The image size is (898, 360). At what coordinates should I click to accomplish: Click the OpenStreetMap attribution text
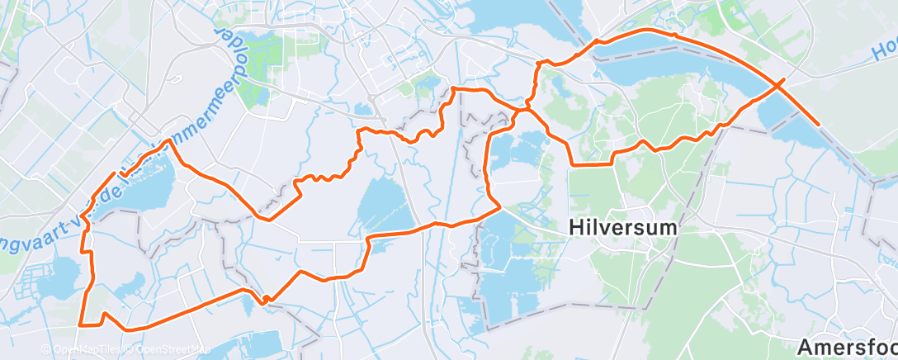tap(168, 350)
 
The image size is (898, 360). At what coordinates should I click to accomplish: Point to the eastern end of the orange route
tap(819, 126)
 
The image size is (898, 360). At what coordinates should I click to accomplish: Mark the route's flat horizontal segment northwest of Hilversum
tap(591, 164)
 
